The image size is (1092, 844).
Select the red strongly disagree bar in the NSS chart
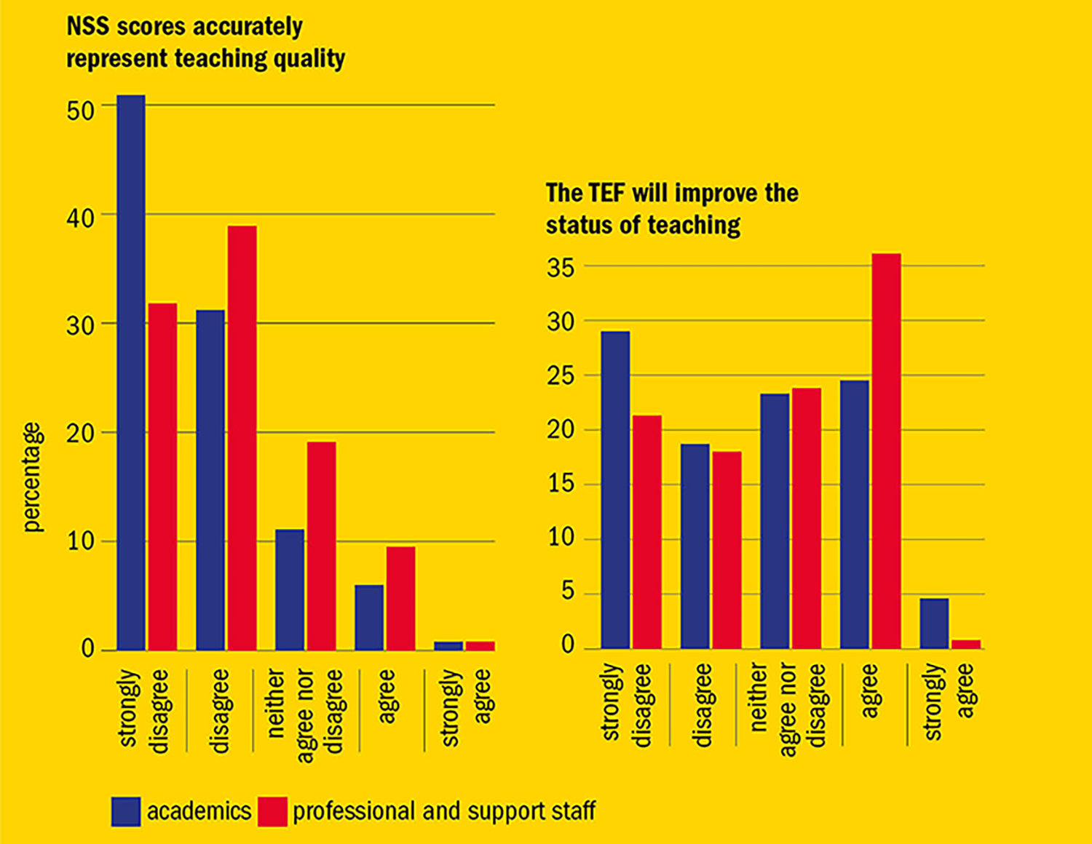point(162,477)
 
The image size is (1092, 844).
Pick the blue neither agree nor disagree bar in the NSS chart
point(290,589)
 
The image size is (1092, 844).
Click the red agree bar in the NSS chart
point(400,598)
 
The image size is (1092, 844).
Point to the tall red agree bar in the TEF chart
point(886,451)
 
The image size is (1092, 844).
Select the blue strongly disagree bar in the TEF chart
point(616,490)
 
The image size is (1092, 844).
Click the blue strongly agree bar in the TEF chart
point(934,623)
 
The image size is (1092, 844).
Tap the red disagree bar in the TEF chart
point(727,550)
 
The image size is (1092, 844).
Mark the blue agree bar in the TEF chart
point(855,514)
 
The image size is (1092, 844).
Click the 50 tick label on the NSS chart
point(80,111)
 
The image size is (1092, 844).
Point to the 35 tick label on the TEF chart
point(561,268)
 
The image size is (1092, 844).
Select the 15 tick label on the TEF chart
point(561,484)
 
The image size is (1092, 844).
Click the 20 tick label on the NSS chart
point(80,434)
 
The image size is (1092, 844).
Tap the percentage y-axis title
point(33,477)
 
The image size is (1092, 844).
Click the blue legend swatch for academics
point(126,811)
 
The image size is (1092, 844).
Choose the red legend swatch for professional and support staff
point(272,811)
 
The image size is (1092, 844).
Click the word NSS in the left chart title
point(88,27)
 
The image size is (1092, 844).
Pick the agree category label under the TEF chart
point(870,691)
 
